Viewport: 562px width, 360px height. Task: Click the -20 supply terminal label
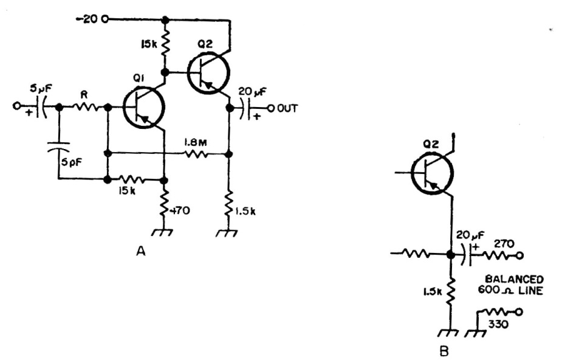pyautogui.click(x=89, y=18)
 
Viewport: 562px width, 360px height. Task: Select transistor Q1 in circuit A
pyautogui.click(x=143, y=108)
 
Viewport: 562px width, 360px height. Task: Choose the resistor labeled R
pyautogui.click(x=86, y=108)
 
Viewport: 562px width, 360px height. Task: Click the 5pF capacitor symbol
pyautogui.click(x=59, y=146)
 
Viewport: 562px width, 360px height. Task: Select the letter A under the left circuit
pyautogui.click(x=142, y=251)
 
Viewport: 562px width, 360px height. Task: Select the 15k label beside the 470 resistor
pyautogui.click(x=126, y=190)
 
